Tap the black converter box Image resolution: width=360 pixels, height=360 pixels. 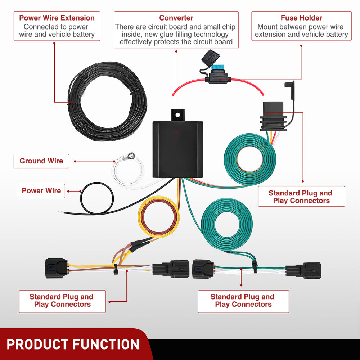click(x=177, y=149)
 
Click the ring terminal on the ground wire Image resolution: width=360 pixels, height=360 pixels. click(x=131, y=156)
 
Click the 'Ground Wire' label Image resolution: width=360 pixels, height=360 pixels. click(x=41, y=161)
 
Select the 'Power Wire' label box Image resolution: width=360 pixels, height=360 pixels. click(x=41, y=191)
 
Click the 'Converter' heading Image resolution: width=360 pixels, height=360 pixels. click(x=176, y=18)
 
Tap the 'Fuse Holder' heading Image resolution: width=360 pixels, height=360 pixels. click(x=301, y=18)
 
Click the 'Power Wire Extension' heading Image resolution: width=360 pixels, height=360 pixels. click(x=57, y=18)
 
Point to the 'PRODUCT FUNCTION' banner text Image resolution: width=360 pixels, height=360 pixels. click(x=73, y=345)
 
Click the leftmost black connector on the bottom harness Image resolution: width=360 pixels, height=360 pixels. click(x=56, y=268)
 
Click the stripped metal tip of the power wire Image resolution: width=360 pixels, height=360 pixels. click(x=60, y=212)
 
